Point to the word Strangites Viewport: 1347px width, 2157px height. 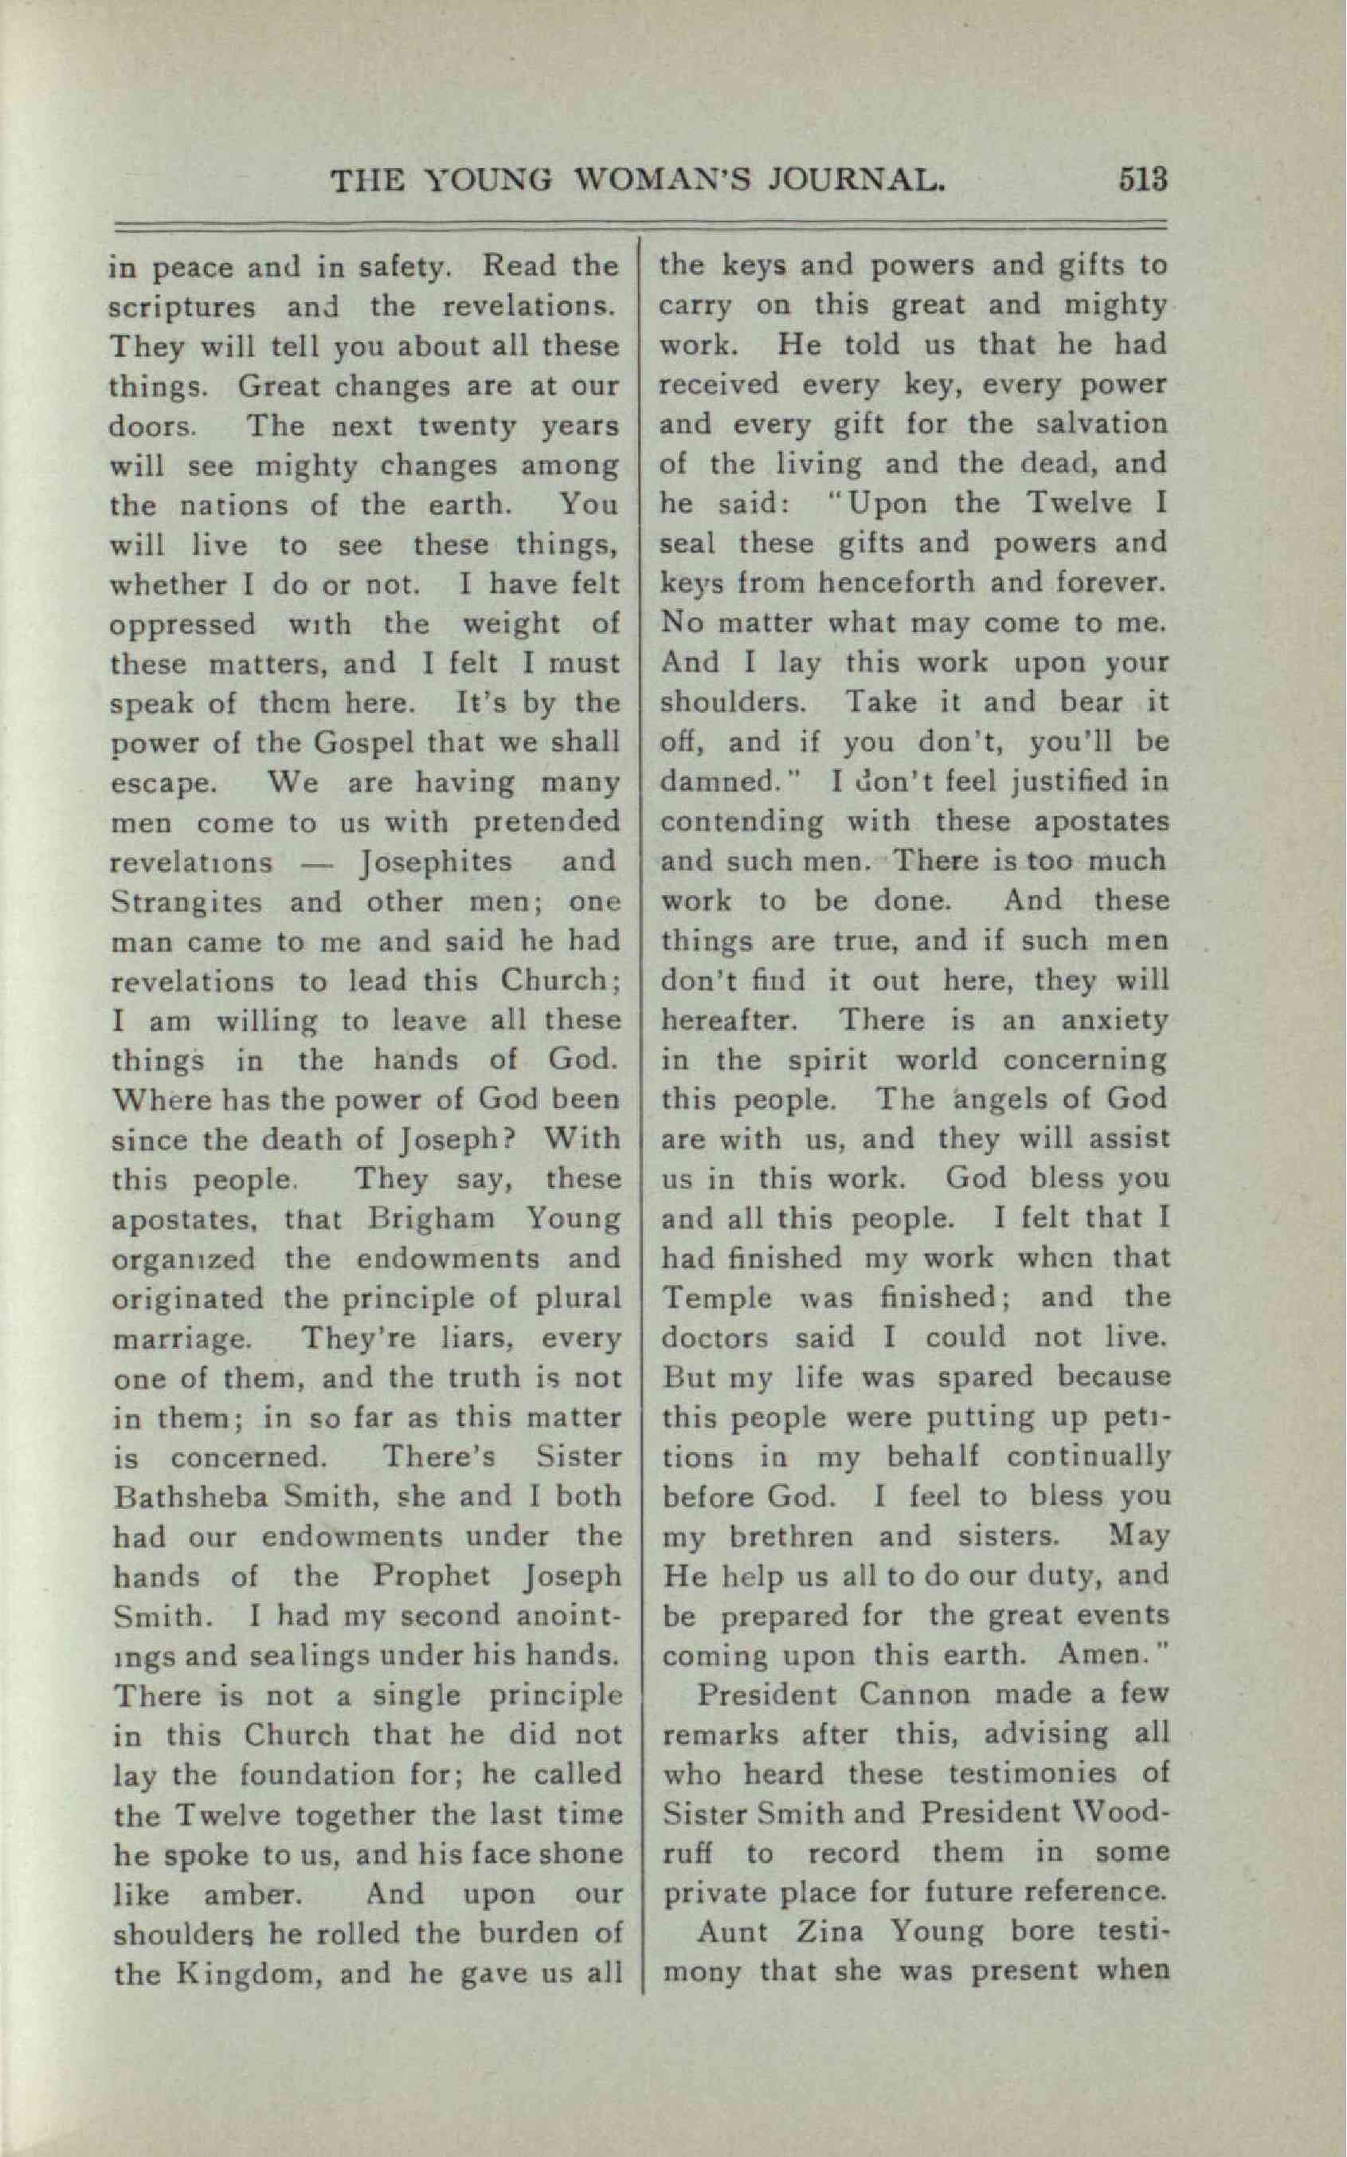click(187, 902)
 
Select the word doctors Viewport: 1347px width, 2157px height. click(714, 1337)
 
